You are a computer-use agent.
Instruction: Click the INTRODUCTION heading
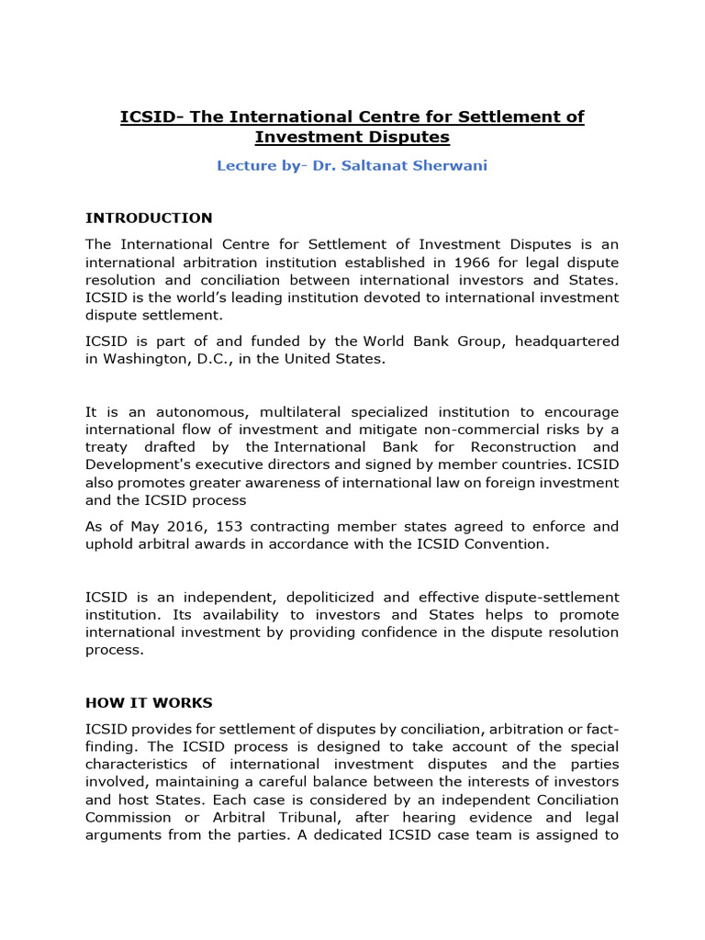(149, 218)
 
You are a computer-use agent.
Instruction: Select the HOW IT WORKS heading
(149, 702)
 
